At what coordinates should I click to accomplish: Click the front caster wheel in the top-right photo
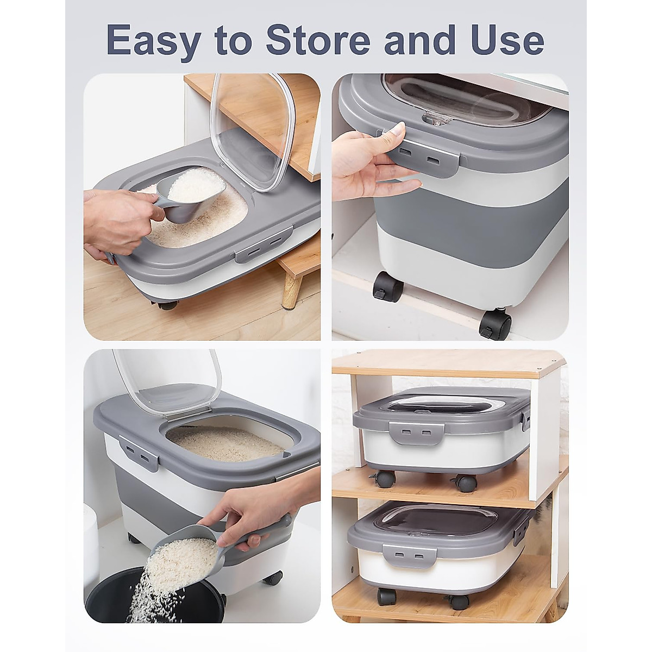pos(495,324)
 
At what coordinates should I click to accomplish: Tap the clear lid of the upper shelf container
pos(440,405)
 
